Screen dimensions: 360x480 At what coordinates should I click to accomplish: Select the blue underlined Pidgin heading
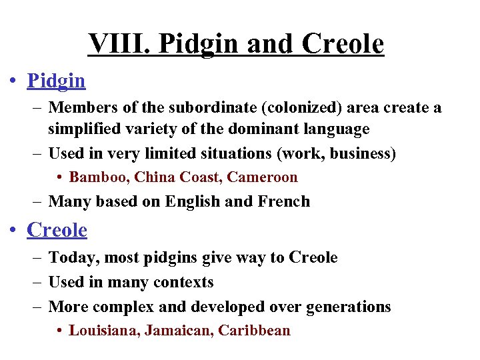coord(56,81)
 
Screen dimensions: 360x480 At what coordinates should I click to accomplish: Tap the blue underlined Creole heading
coord(57,230)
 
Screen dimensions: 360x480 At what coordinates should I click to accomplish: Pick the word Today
coord(73,257)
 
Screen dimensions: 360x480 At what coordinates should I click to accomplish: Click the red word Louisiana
coord(103,331)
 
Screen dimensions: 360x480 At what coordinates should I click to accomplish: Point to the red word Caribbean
coord(255,331)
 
